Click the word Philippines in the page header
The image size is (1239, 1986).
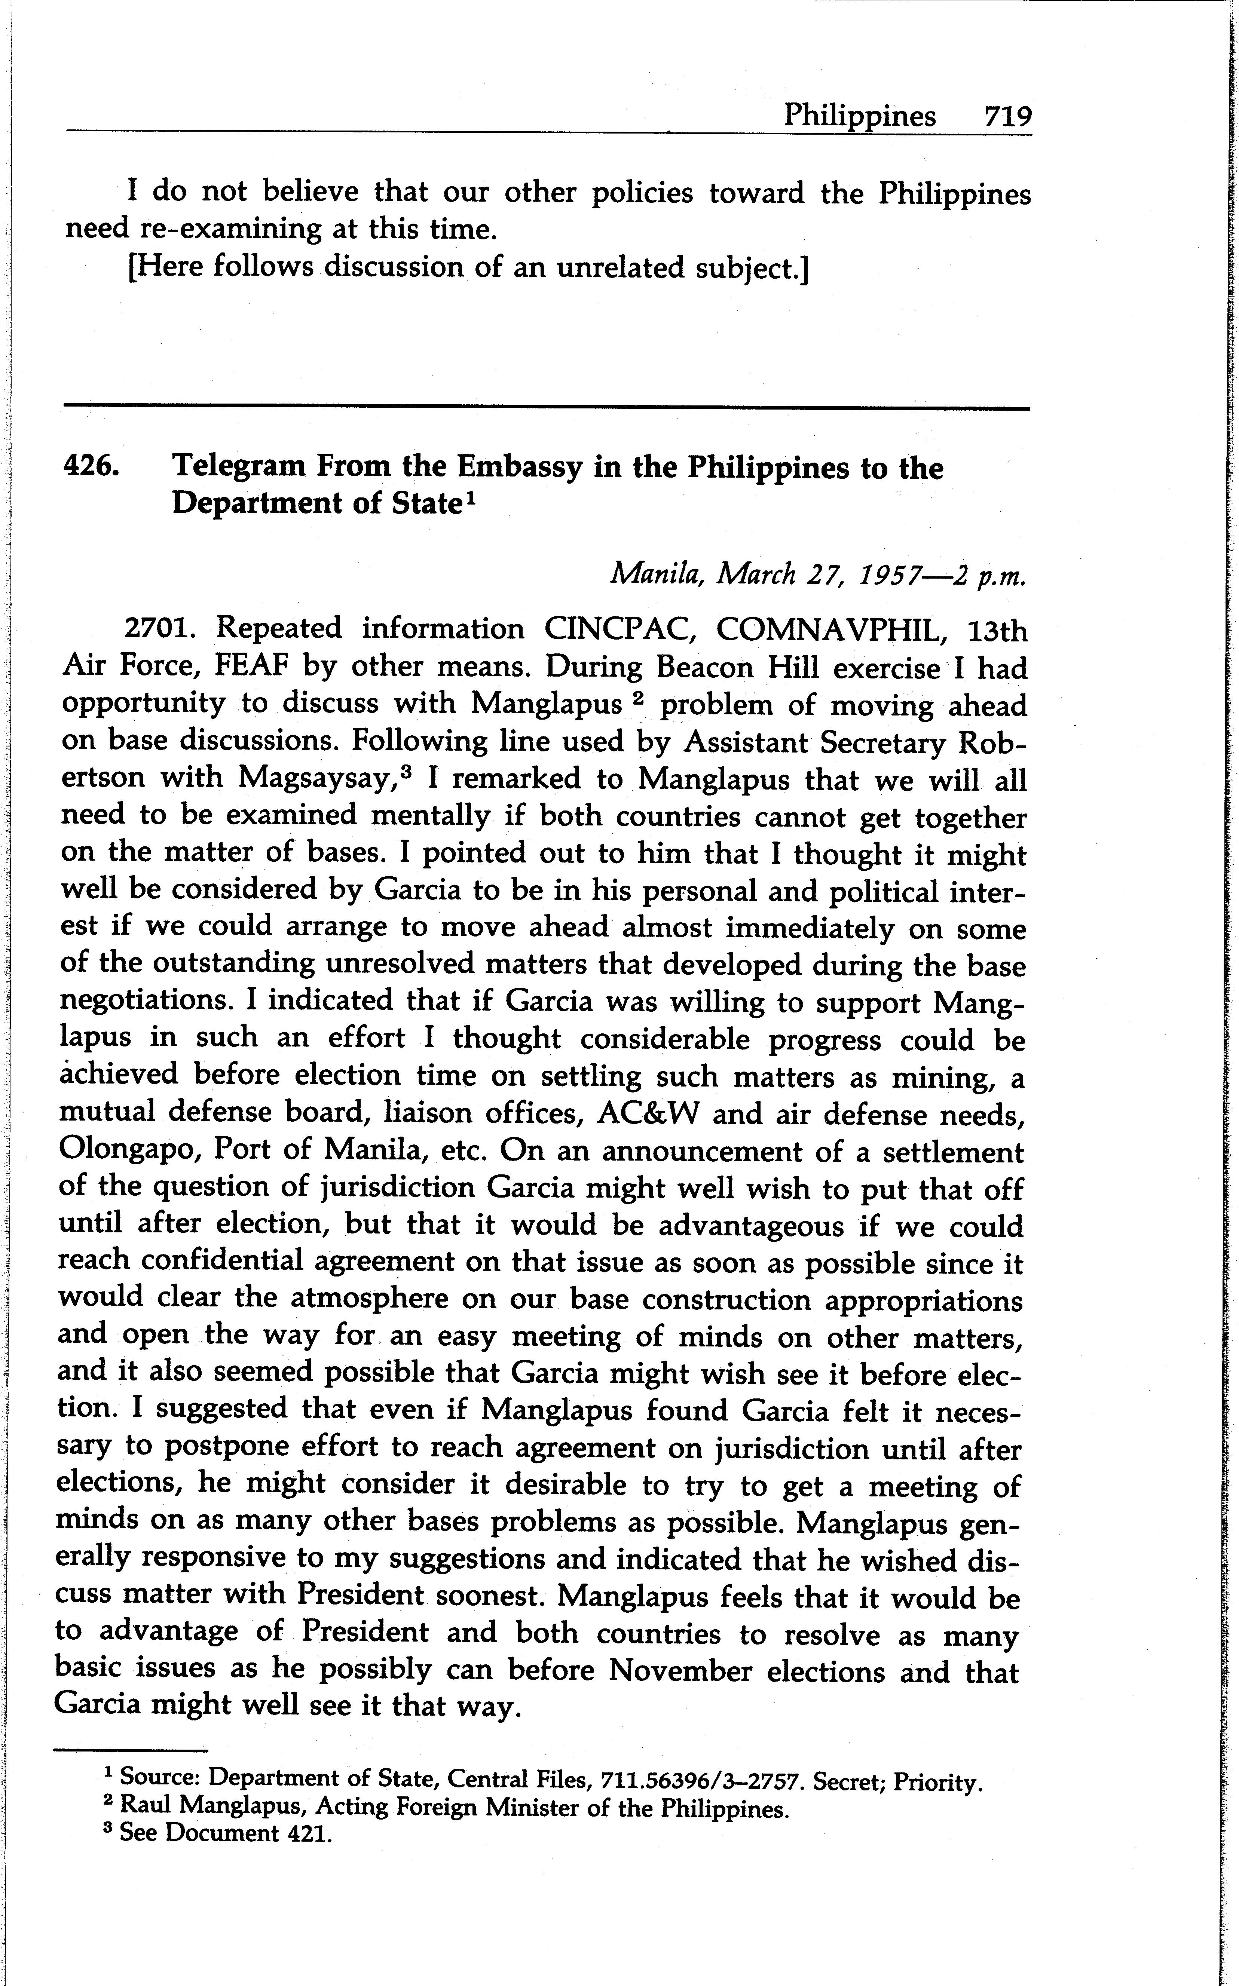click(860, 116)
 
